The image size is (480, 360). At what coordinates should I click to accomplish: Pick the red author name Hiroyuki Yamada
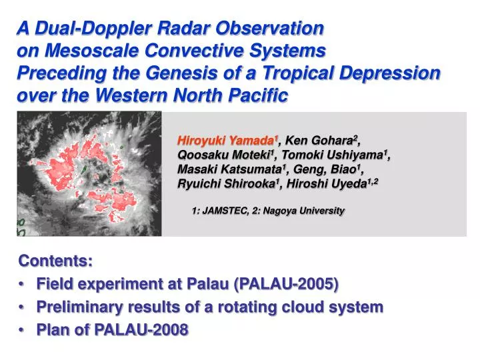click(x=226, y=141)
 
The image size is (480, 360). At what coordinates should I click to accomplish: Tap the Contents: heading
click(x=57, y=261)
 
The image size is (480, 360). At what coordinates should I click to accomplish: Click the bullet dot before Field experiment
click(x=23, y=285)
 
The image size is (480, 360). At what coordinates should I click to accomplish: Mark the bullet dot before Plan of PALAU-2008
click(x=23, y=330)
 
